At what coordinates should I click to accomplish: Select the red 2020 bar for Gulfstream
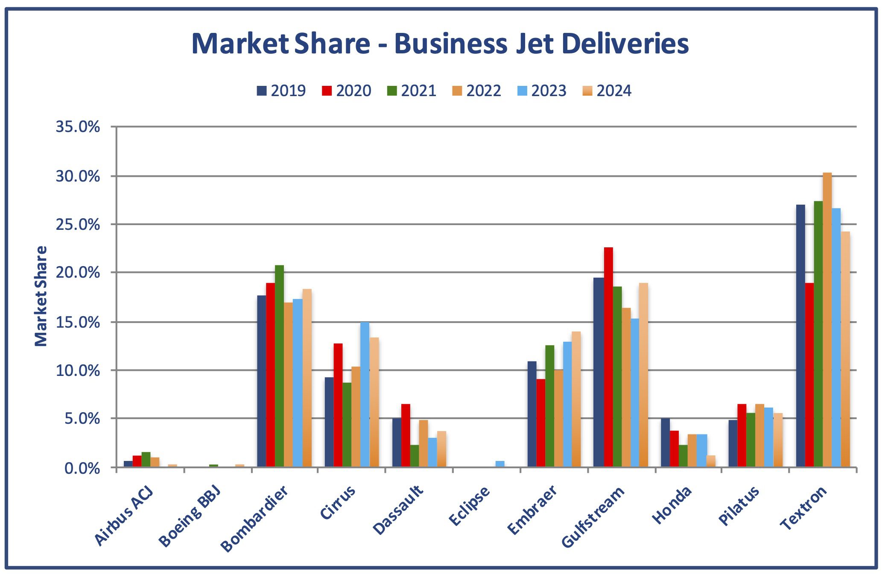point(608,357)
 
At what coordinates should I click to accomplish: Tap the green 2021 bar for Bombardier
point(279,366)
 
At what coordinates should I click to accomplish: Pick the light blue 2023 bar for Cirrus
point(365,394)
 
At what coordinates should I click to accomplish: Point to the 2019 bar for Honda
point(665,443)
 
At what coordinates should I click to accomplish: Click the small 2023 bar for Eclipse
point(500,464)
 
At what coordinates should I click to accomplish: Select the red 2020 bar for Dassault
point(406,435)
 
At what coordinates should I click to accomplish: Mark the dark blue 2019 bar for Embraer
point(532,414)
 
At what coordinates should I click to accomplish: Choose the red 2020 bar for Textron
point(809,375)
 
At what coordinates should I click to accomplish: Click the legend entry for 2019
point(281,91)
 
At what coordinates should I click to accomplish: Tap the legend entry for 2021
point(412,91)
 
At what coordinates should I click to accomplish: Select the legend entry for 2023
point(542,91)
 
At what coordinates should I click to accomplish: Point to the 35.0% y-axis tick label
point(78,127)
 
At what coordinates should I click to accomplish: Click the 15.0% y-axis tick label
point(78,322)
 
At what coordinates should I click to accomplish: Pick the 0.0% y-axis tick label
point(82,469)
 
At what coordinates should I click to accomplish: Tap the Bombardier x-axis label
point(254,518)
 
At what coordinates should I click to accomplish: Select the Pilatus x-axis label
point(739,505)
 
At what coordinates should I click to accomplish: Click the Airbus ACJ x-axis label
point(123,516)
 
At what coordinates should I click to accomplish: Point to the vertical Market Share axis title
point(41,296)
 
